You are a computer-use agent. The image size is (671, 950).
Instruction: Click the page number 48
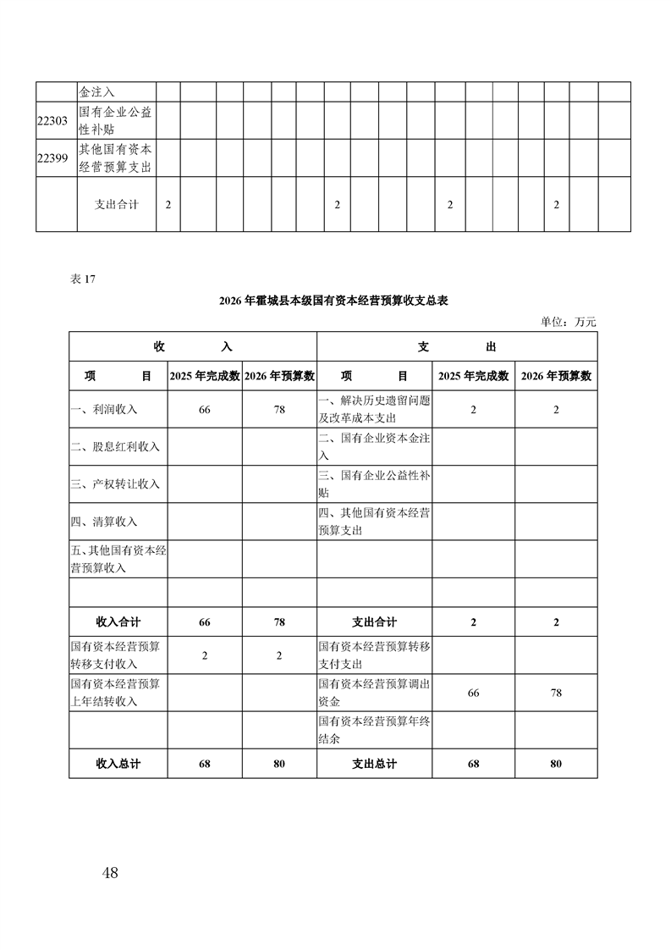point(109,873)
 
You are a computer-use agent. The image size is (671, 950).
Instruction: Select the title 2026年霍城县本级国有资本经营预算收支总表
point(333,301)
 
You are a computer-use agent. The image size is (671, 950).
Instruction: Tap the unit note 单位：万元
point(569,321)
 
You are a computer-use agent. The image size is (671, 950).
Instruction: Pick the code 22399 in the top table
point(55,157)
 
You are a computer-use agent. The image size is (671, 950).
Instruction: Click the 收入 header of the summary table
point(192,347)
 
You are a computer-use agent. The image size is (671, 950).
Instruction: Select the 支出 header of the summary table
point(457,347)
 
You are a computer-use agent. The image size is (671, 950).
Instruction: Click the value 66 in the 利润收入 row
point(205,410)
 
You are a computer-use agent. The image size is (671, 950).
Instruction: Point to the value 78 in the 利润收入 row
point(279,410)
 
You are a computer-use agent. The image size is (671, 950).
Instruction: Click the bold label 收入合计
point(118,622)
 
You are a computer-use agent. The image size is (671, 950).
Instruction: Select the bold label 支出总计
point(374,764)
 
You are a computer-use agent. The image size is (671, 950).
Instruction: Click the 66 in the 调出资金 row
point(473,693)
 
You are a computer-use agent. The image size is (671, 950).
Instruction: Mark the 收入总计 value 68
point(205,764)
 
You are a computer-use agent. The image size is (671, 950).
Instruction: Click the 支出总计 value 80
point(556,764)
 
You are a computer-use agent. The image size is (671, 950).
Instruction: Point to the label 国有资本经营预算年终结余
point(374,729)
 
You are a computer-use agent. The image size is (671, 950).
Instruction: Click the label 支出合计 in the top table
point(117,205)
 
